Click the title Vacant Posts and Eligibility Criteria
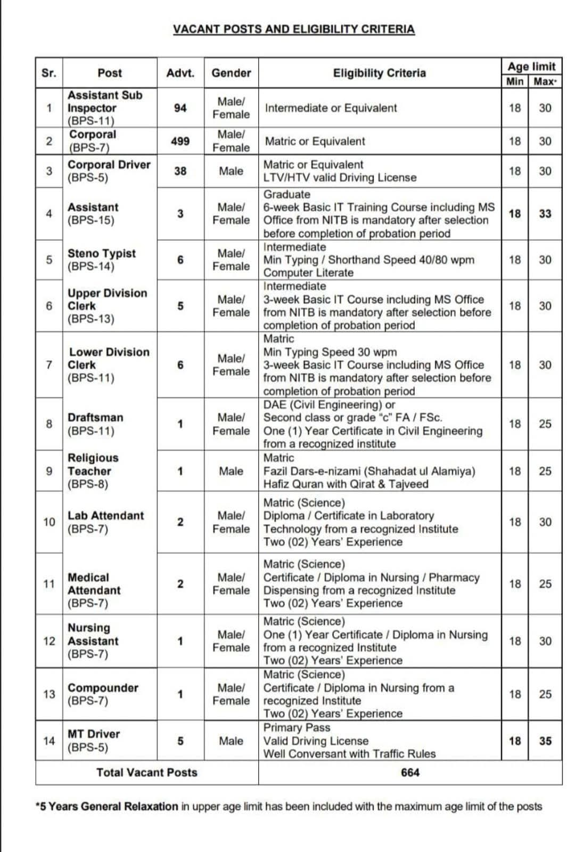(293, 29)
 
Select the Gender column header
(231, 73)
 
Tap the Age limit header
(531, 66)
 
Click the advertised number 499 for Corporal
(180, 141)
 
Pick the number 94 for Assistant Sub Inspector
(180, 108)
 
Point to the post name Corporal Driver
(109, 165)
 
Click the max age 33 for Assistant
(545, 214)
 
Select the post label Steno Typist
(101, 254)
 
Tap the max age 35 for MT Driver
(545, 741)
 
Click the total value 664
(410, 772)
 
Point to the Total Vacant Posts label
(146, 772)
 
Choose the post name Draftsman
(95, 417)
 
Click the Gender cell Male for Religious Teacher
(231, 471)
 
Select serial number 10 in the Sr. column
(49, 522)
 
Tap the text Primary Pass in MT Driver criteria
(297, 727)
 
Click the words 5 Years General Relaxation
(108, 806)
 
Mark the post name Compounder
(102, 688)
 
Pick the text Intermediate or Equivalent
(331, 108)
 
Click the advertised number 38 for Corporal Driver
(180, 171)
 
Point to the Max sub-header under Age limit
(545, 82)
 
